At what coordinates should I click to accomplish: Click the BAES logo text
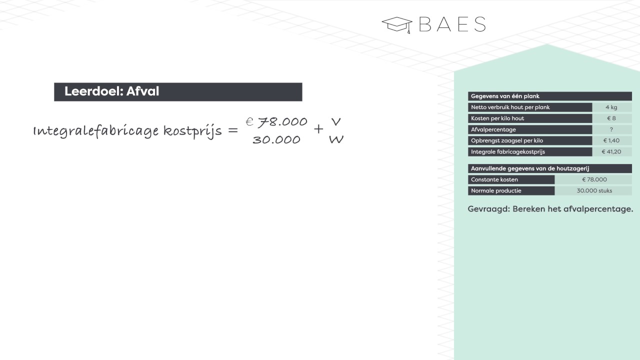click(x=452, y=24)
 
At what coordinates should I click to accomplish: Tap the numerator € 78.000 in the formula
click(x=276, y=122)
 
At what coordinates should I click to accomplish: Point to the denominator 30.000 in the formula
click(x=276, y=140)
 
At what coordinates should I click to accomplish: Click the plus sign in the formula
click(x=318, y=129)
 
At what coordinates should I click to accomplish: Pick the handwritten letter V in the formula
click(x=336, y=121)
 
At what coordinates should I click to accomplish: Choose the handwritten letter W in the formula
click(x=336, y=140)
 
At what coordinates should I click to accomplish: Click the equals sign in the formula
click(x=233, y=131)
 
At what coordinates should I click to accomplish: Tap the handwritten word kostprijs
click(x=192, y=131)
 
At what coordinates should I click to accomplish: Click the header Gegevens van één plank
click(x=505, y=96)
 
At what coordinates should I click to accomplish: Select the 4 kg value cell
click(x=611, y=107)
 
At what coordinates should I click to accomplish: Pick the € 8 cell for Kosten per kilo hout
click(x=611, y=118)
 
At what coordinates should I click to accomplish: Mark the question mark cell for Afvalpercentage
click(x=611, y=129)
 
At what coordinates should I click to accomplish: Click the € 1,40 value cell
click(x=611, y=140)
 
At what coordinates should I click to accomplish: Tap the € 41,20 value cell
click(x=611, y=151)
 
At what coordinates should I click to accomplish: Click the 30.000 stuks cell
click(x=594, y=190)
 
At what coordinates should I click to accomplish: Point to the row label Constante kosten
click(x=494, y=179)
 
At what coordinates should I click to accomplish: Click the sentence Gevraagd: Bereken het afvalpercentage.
click(x=550, y=209)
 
